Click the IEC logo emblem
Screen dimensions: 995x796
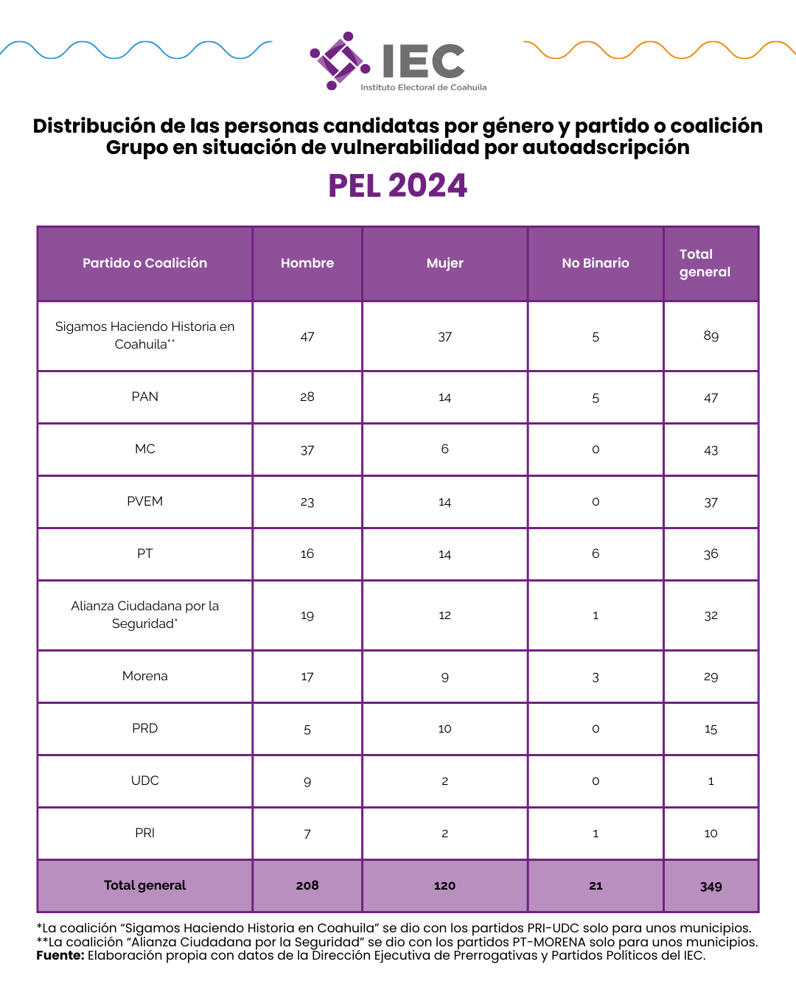[339, 60]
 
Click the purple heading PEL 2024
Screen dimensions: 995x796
[397, 186]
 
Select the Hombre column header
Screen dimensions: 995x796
[307, 263]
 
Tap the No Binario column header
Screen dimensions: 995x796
[595, 263]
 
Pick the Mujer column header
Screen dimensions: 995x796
[444, 263]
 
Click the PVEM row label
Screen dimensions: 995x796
[144, 501]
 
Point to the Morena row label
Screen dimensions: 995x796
[144, 676]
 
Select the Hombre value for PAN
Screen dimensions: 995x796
[307, 397]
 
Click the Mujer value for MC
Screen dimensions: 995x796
[444, 449]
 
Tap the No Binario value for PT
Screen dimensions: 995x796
[595, 554]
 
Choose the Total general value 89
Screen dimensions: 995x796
[711, 336]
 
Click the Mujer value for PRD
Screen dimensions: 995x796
[444, 728]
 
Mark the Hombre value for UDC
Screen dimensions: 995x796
[307, 781]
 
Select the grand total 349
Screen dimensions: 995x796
[711, 886]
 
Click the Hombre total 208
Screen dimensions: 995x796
[307, 885]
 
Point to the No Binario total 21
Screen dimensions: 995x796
[595, 886]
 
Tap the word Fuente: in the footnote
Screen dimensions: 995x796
[60, 955]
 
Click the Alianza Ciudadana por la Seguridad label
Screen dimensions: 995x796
[144, 615]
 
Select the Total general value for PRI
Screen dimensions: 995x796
[711, 834]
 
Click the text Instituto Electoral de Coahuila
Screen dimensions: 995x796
[423, 87]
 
